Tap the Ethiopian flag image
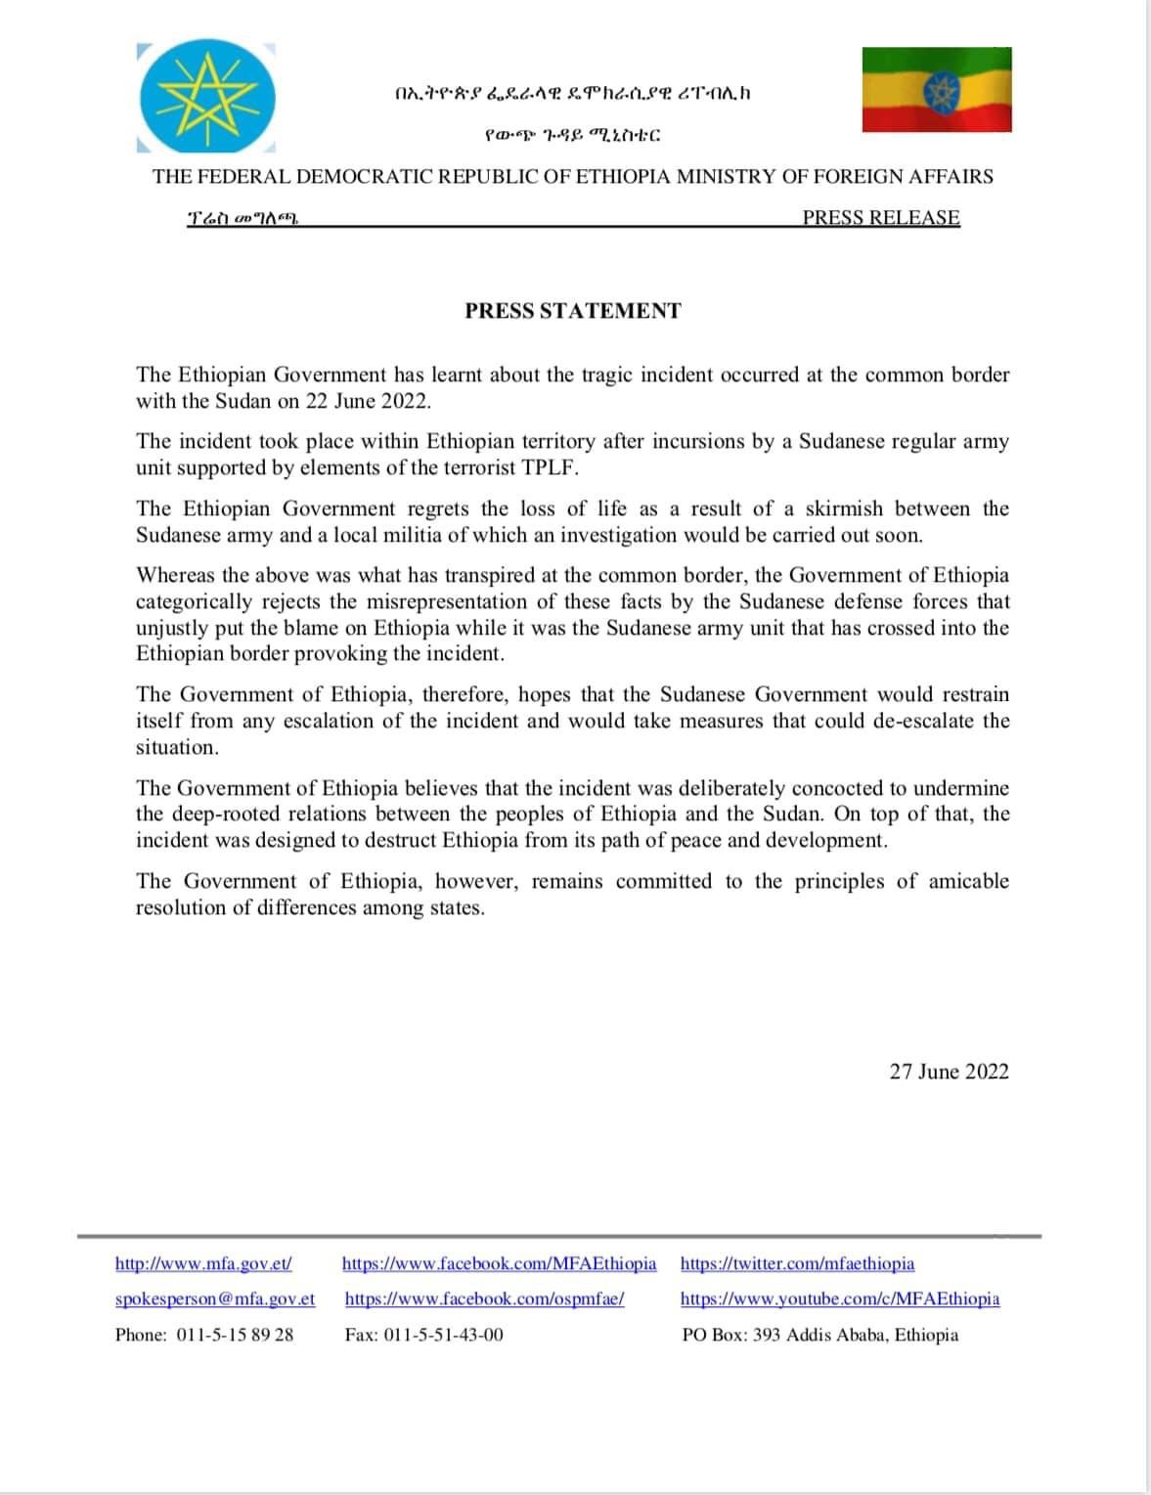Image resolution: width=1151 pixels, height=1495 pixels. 936,89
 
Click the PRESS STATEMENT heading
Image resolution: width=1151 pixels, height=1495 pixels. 573,311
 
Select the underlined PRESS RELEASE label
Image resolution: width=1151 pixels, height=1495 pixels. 880,218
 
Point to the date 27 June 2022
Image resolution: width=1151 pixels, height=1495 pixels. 949,1072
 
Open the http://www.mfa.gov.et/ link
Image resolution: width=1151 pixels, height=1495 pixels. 203,1263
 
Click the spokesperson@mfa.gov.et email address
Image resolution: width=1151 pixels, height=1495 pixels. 215,1299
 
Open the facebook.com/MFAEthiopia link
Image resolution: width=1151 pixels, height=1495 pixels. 499,1263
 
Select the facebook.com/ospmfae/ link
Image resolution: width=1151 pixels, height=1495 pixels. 484,1299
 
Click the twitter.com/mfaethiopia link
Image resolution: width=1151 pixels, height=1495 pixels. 797,1263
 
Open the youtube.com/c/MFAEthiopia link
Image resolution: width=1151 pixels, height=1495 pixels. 840,1299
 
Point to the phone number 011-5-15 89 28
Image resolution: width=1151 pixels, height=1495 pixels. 235,1335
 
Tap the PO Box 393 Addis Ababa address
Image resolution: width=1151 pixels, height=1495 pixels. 820,1335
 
